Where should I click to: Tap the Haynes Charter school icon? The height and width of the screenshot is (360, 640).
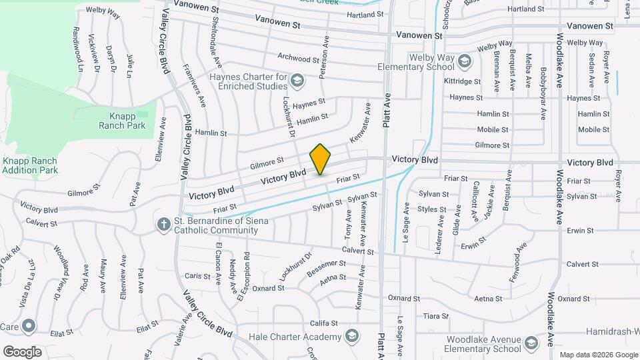click(297, 81)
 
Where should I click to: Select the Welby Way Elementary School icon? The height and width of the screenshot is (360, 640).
click(464, 63)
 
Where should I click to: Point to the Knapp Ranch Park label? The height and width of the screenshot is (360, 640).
click(122, 120)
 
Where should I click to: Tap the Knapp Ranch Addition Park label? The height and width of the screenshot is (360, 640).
click(29, 165)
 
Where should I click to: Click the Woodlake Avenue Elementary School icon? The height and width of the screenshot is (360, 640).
click(531, 343)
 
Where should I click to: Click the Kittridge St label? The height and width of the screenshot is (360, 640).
click(462, 81)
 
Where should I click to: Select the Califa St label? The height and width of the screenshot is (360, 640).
click(325, 323)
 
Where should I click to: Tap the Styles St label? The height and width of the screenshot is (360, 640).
click(432, 209)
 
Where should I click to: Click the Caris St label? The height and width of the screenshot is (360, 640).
click(197, 275)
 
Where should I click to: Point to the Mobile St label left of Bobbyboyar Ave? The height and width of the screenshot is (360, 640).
click(493, 129)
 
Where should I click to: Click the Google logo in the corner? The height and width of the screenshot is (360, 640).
click(22, 351)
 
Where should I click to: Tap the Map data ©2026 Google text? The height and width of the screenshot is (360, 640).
click(598, 355)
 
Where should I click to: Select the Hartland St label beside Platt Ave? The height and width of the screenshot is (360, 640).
click(363, 14)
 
